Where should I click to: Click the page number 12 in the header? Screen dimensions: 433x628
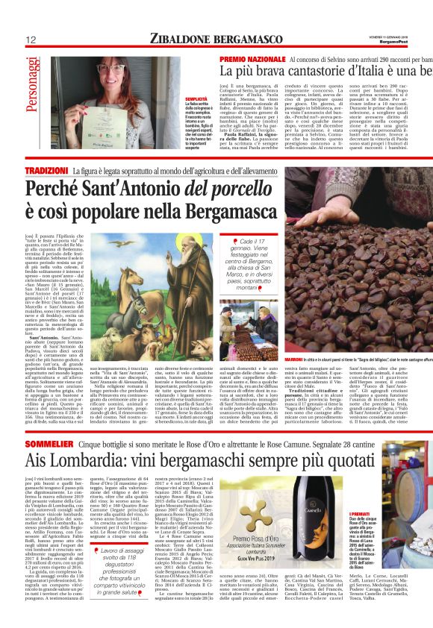pos(31,40)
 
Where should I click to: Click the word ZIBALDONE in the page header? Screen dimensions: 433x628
pos(179,38)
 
